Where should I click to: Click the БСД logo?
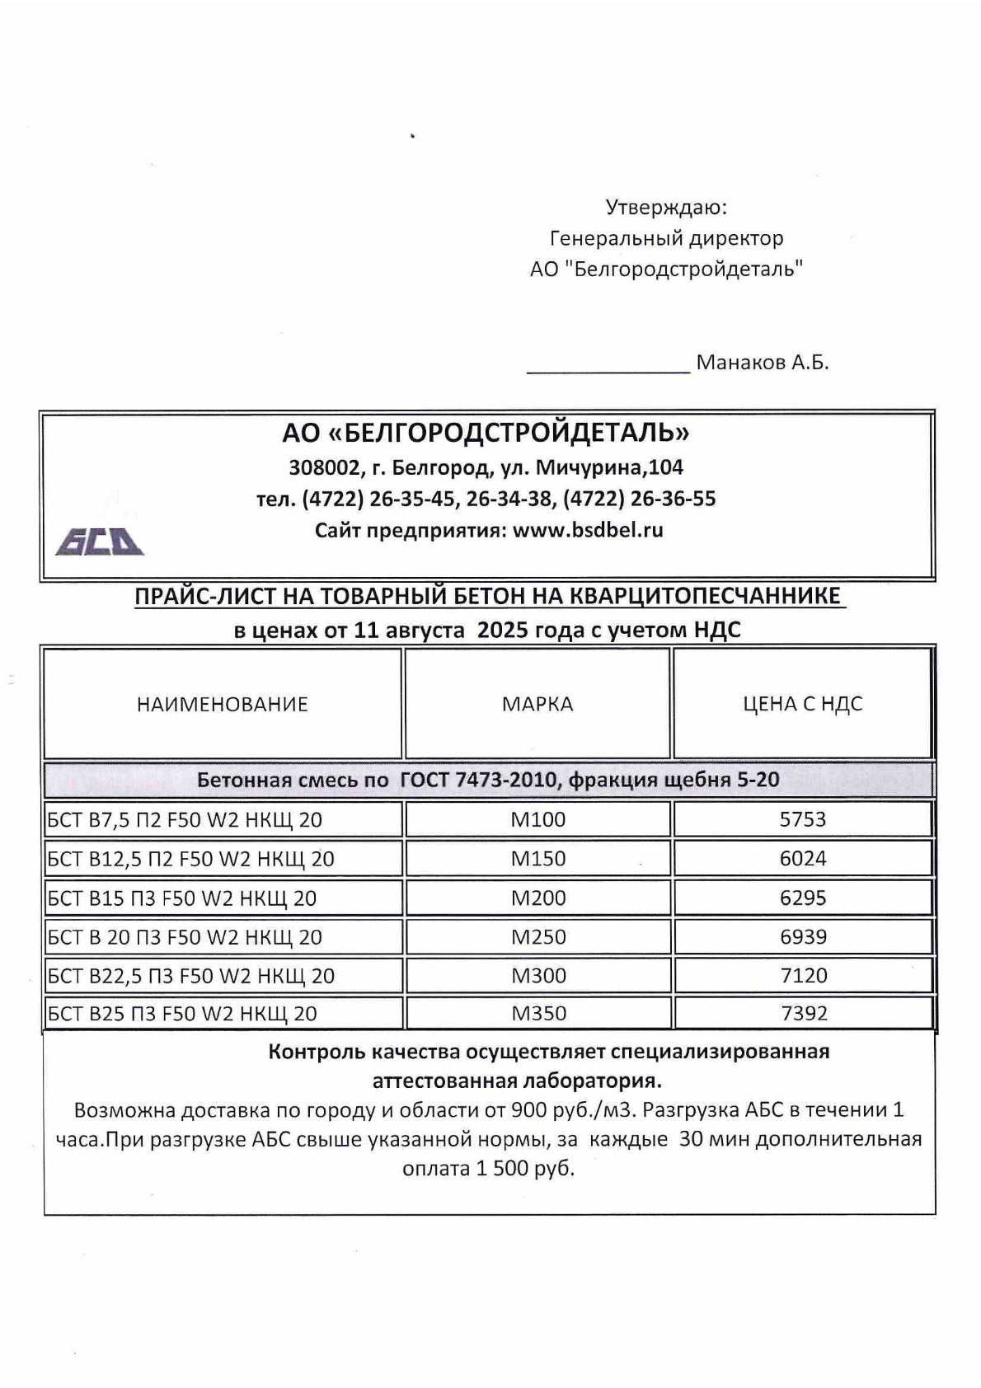[x=100, y=542]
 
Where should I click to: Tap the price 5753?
[x=802, y=819]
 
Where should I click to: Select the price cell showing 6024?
[x=802, y=859]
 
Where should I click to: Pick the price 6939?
[x=802, y=937]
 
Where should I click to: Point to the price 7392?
[x=802, y=1013]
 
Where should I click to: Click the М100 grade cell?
[x=537, y=819]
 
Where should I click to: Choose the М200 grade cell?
[x=537, y=898]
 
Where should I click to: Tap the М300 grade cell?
[x=537, y=976]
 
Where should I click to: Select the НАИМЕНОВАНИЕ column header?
[x=222, y=704]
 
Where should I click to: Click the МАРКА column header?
[x=537, y=704]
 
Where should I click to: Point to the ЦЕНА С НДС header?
[x=802, y=704]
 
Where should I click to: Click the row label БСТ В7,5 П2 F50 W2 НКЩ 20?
[x=185, y=820]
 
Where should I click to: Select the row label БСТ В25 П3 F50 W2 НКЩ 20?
[x=182, y=1014]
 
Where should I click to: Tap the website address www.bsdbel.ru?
[x=588, y=530]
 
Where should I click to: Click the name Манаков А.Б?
[x=762, y=363]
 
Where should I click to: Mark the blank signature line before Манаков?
[x=608, y=369]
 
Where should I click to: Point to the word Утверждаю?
[x=666, y=207]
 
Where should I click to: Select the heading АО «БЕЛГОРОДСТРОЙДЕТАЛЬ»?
[x=486, y=432]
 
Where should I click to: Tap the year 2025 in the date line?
[x=504, y=631]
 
